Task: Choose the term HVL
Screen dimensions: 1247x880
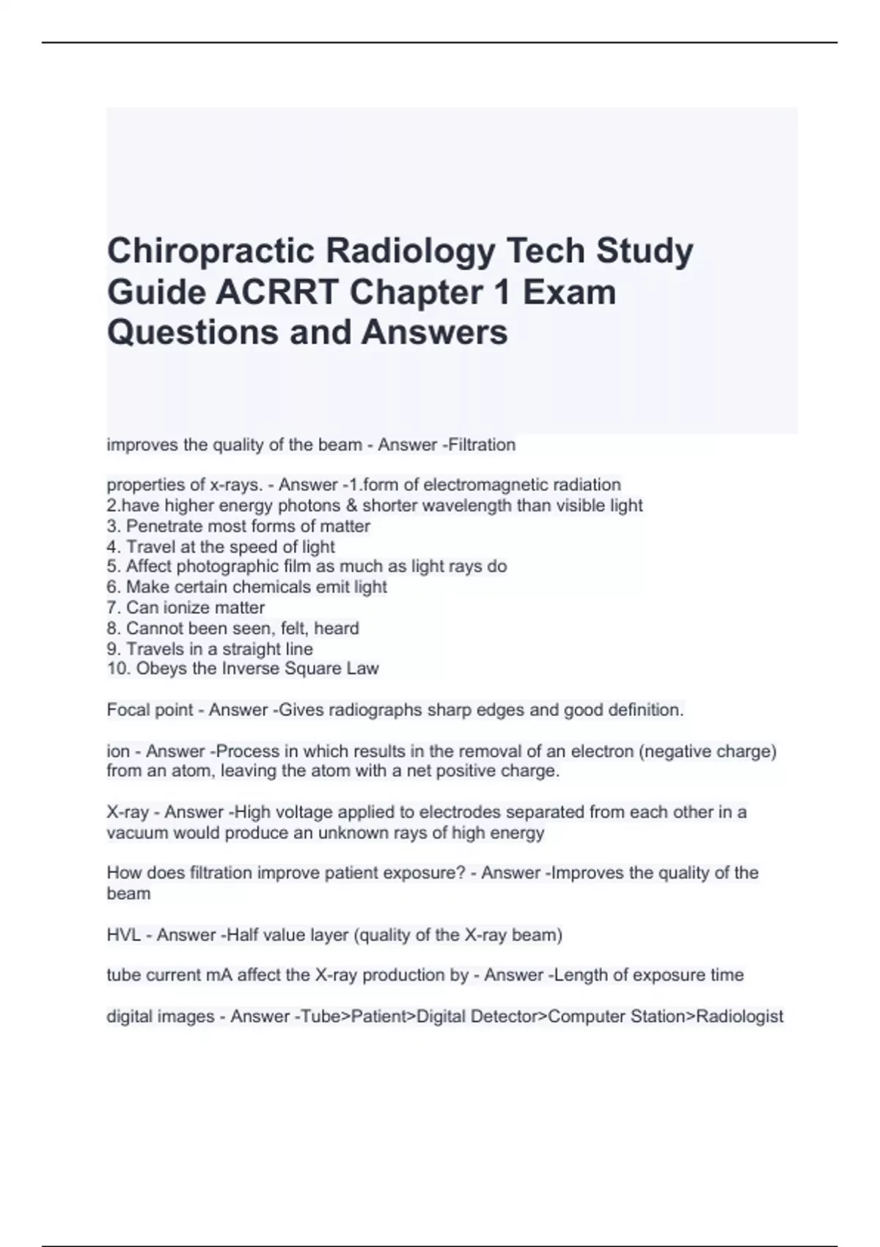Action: (124, 935)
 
